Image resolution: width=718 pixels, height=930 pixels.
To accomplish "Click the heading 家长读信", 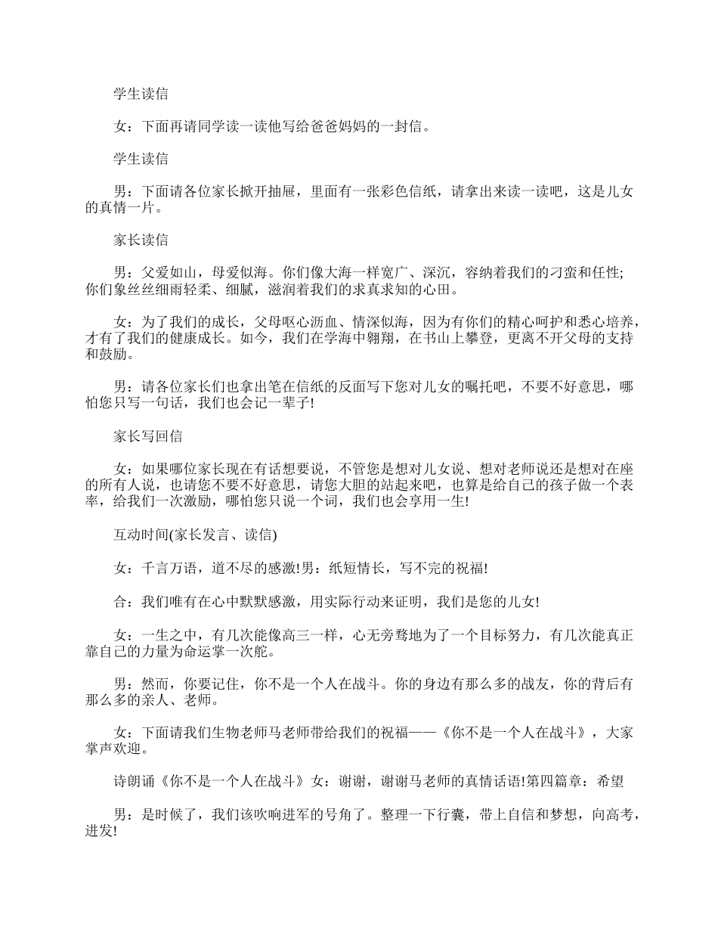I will pyautogui.click(x=141, y=240).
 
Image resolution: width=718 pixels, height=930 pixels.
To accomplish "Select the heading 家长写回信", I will pyautogui.click(x=147, y=436).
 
